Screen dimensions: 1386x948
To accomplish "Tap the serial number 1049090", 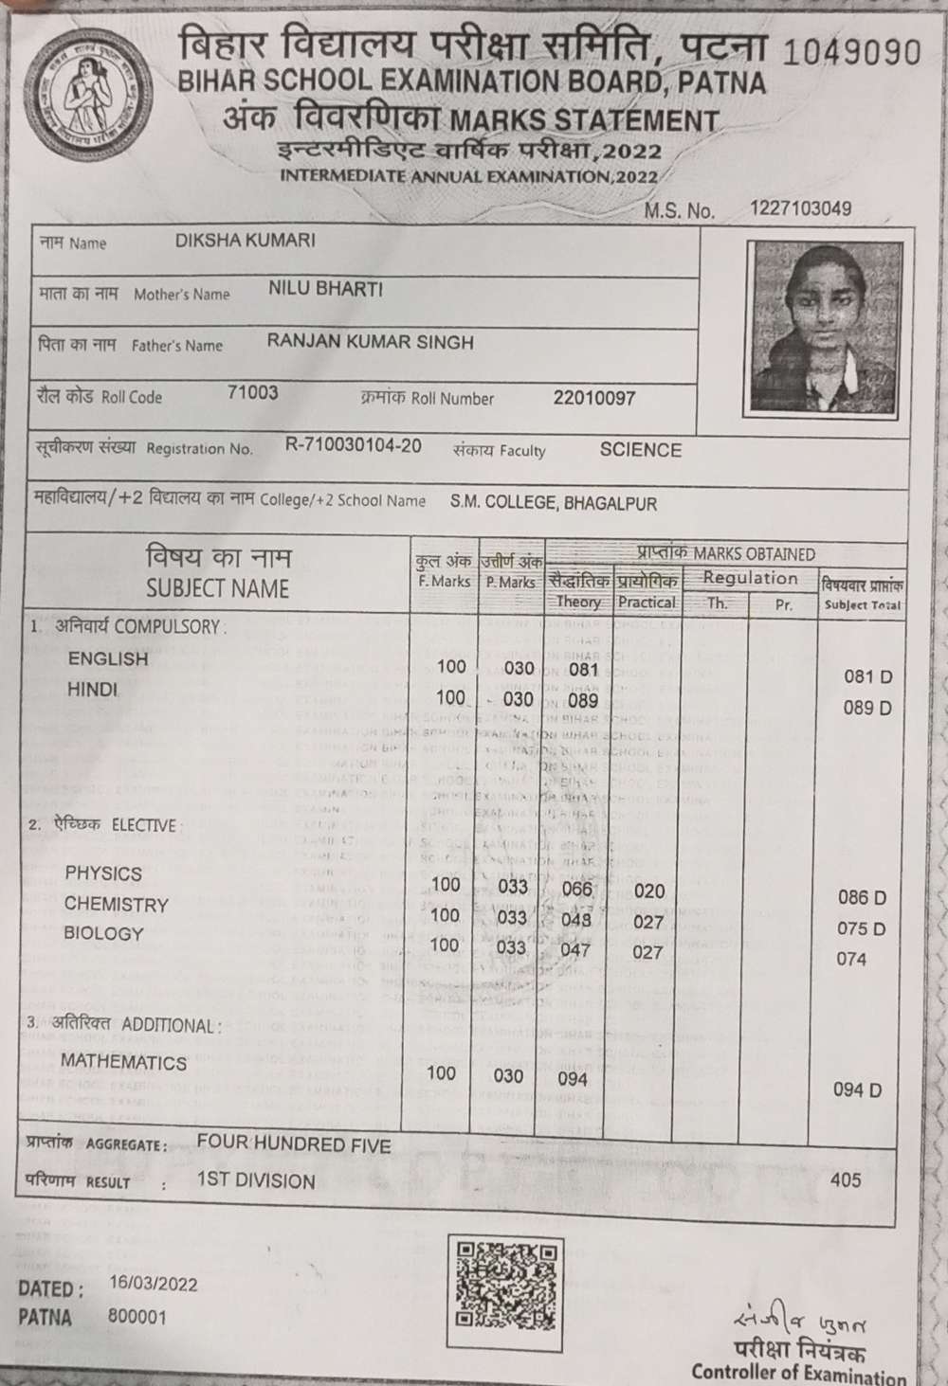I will pyautogui.click(x=851, y=51).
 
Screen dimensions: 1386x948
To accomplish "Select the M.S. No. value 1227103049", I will pyautogui.click(x=800, y=208).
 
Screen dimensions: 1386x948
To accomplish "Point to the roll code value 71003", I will pyautogui.click(x=253, y=393).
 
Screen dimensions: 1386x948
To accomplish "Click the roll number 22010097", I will pyautogui.click(x=594, y=398).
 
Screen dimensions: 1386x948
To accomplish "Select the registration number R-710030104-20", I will pyautogui.click(x=354, y=445).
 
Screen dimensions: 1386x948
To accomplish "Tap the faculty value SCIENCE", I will pyautogui.click(x=641, y=450).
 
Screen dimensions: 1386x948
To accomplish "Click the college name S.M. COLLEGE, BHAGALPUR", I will pyautogui.click(x=554, y=503).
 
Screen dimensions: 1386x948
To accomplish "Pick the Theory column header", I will pyautogui.click(x=577, y=602).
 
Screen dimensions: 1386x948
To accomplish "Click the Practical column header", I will pyautogui.click(x=647, y=602).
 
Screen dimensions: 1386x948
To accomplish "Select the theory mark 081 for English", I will pyautogui.click(x=583, y=670).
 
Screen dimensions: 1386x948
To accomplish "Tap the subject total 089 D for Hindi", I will pyautogui.click(x=867, y=709).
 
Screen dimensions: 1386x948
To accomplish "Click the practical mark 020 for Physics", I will pyautogui.click(x=649, y=891).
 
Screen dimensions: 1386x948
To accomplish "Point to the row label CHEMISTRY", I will pyautogui.click(x=116, y=905).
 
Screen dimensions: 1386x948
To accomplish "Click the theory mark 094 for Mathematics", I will pyautogui.click(x=573, y=1078).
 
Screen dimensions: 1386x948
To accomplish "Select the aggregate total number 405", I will pyautogui.click(x=846, y=1180).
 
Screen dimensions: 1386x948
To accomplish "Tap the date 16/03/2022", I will pyautogui.click(x=154, y=1284).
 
